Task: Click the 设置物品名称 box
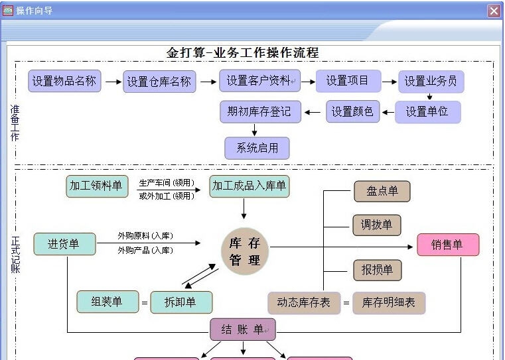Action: (64, 81)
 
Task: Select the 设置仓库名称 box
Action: (159, 82)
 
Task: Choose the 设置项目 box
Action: (347, 81)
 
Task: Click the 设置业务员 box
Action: (431, 82)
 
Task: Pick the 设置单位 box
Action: (427, 111)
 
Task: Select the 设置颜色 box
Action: (352, 111)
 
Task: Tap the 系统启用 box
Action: (257, 148)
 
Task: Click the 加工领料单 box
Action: (96, 186)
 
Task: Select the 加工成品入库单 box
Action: (249, 186)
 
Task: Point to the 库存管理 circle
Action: (245, 252)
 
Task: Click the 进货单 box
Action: (64, 244)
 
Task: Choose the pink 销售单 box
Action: (447, 245)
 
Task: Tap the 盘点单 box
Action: (382, 191)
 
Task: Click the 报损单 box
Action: (377, 270)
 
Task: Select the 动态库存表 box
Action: (303, 302)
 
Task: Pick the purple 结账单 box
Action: (242, 329)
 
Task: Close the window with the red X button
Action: (494, 11)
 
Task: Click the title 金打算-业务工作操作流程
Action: (242, 52)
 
